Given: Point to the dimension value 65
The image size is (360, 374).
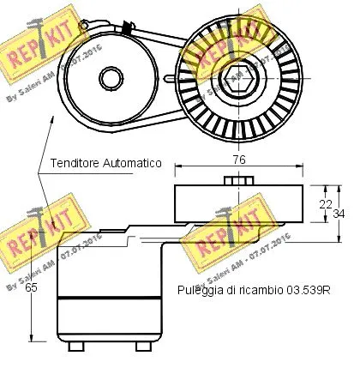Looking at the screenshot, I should pos(31,288).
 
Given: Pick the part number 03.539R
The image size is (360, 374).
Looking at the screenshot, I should pos(309,290).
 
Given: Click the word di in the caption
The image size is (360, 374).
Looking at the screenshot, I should pos(231,290).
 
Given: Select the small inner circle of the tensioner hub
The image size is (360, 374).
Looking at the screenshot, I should pos(109,81).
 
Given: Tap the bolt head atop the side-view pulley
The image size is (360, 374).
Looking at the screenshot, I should pos(234,180).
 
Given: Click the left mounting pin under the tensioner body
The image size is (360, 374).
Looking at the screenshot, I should pos(77,346).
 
